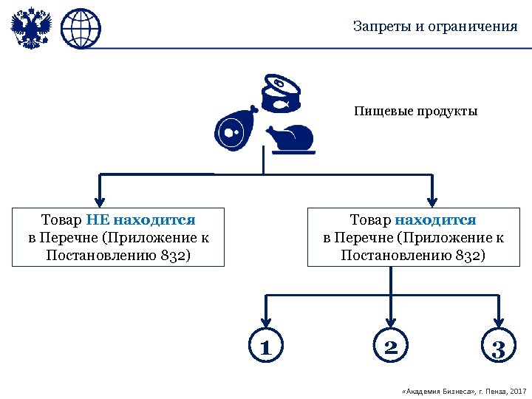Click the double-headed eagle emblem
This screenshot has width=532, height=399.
click(31, 29)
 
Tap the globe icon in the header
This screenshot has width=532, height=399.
click(81, 29)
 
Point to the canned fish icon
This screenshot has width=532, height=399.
click(282, 94)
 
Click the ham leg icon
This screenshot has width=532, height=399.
click(236, 130)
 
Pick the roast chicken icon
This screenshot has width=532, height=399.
click(290, 138)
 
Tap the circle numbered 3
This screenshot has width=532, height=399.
click(499, 347)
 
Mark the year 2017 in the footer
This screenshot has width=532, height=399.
click(518, 389)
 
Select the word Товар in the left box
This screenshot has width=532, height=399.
click(62, 219)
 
